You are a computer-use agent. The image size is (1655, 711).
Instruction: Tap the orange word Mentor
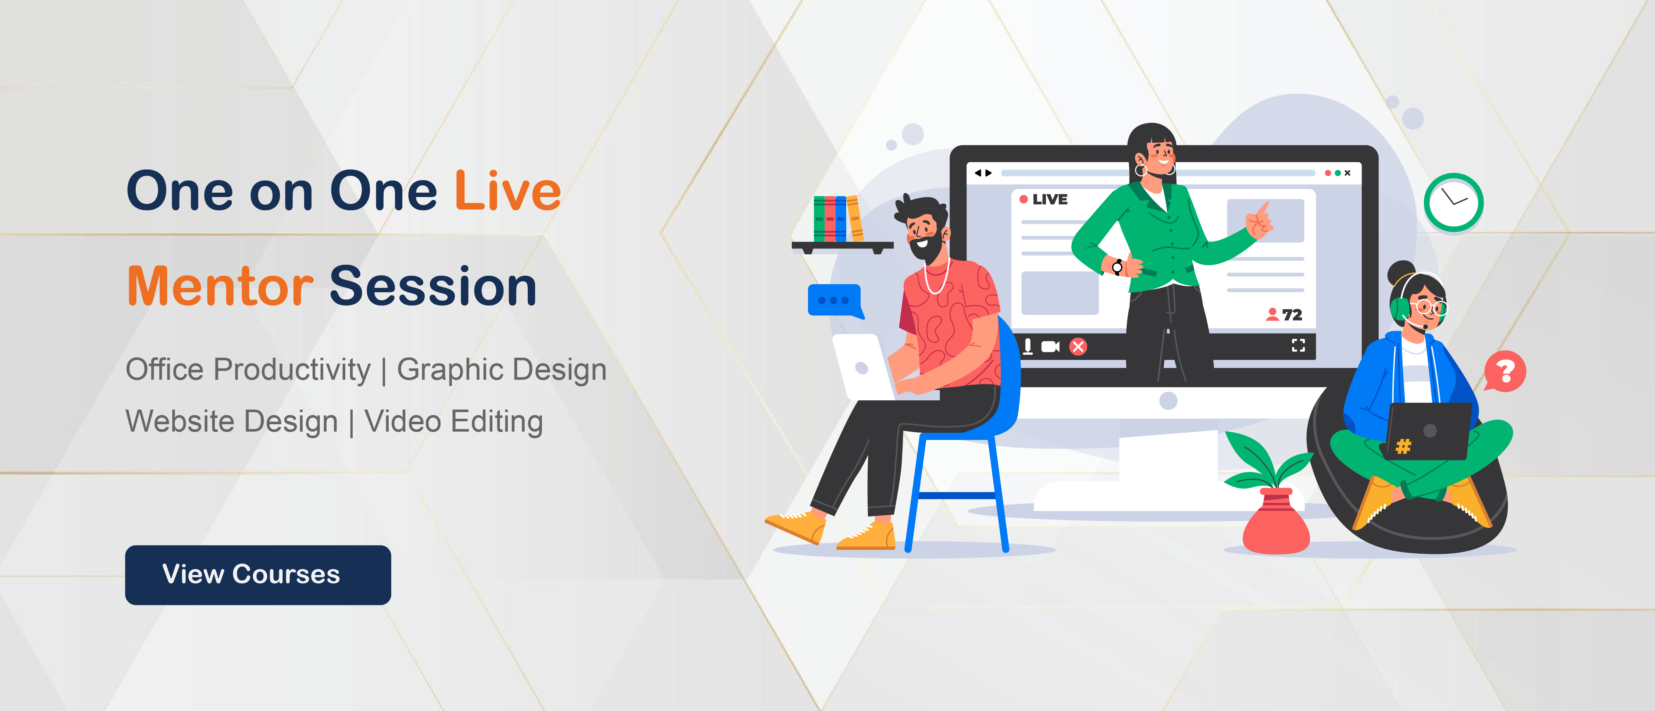[220, 286]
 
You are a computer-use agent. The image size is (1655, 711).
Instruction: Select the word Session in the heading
[433, 286]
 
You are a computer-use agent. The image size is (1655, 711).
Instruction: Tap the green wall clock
[1453, 202]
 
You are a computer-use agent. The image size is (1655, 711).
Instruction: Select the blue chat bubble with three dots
[834, 301]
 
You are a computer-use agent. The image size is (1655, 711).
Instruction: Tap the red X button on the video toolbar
[1078, 347]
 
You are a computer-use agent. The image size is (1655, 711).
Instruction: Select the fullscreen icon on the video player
[1298, 346]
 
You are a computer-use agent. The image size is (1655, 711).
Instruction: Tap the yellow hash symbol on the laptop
[1404, 446]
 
